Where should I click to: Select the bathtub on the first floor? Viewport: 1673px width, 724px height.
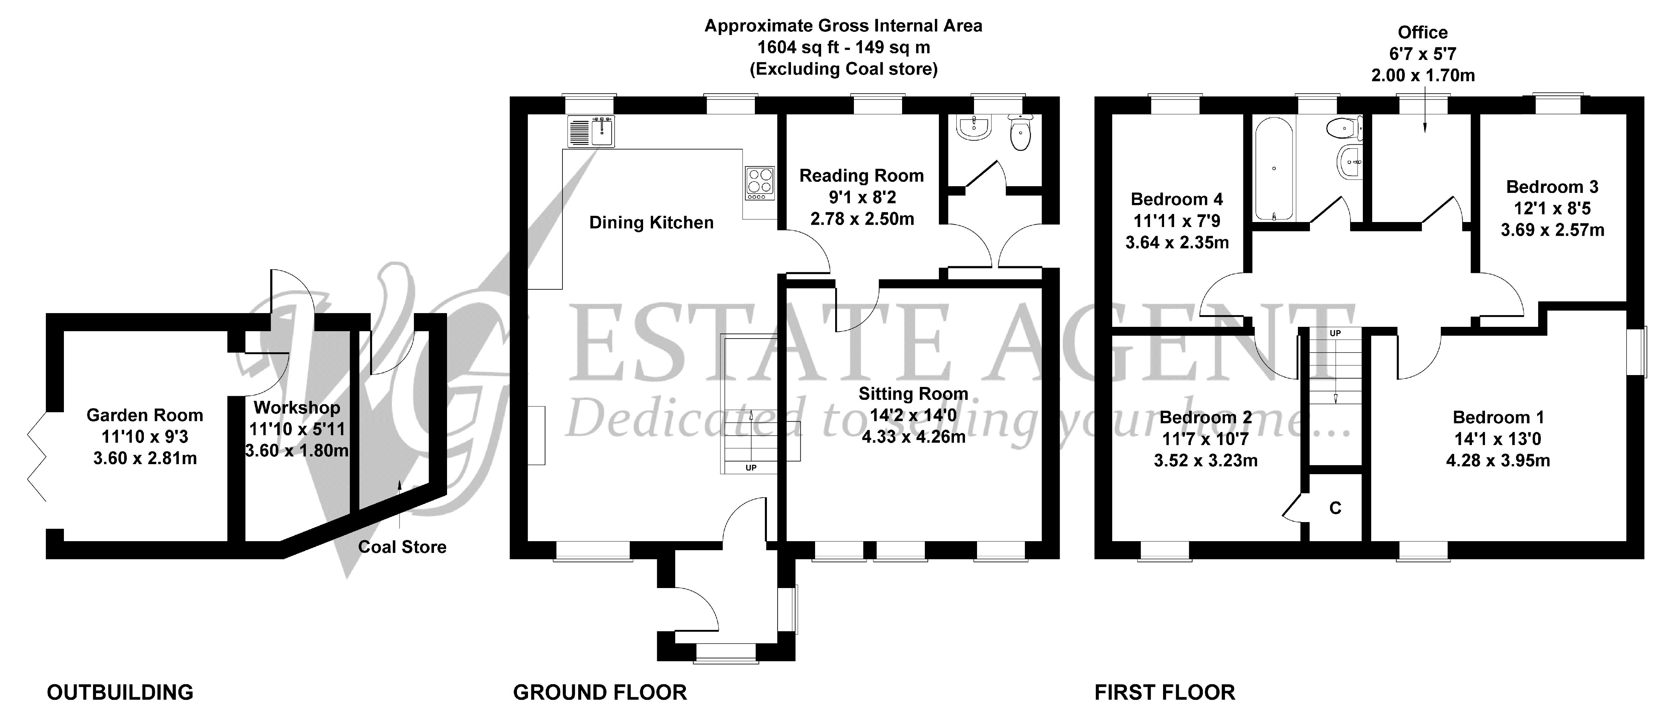[x=1274, y=169]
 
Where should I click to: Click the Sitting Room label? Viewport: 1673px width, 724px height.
[x=913, y=394]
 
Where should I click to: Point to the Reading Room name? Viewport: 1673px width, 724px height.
[x=861, y=175]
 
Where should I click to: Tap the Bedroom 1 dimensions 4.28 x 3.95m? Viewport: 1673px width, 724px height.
[x=1498, y=461]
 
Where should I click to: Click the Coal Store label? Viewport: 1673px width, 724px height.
[x=402, y=547]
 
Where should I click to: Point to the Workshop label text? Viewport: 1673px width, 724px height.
[x=297, y=408]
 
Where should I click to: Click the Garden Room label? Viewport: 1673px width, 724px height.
[x=145, y=415]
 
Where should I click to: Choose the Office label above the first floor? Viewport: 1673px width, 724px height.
[x=1422, y=32]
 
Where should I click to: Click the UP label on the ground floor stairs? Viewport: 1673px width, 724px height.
[x=751, y=468]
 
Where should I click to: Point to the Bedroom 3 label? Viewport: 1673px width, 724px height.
[x=1552, y=187]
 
